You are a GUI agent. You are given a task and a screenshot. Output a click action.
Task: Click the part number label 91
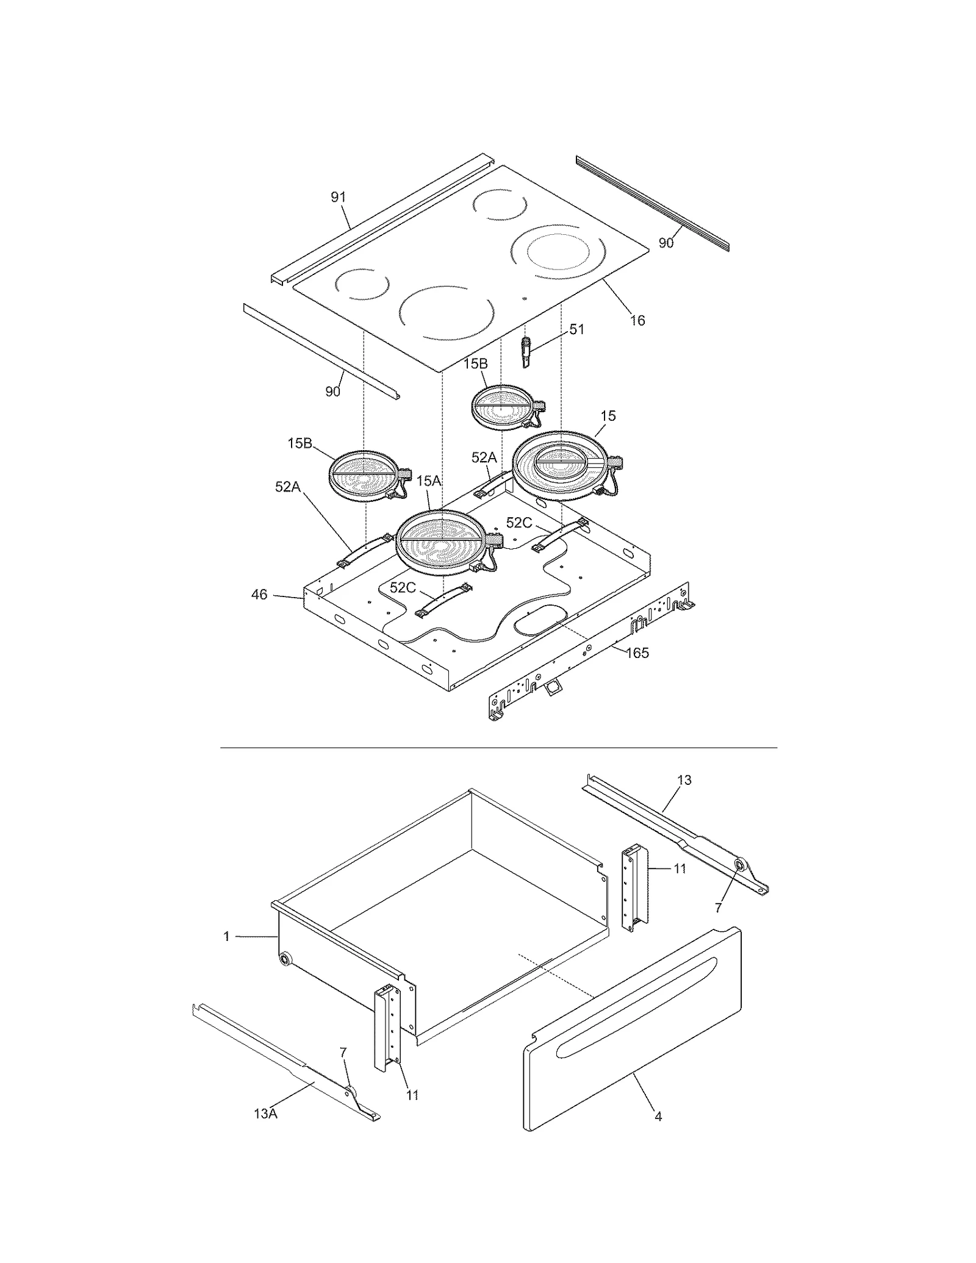point(338,197)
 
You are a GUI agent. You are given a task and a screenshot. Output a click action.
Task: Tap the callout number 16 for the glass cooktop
point(637,320)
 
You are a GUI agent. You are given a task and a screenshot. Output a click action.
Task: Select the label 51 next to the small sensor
point(576,329)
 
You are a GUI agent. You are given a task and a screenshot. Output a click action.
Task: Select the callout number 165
point(637,653)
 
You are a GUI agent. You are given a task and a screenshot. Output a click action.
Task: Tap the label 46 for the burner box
point(259,594)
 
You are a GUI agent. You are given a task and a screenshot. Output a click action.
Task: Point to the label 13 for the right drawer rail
point(684,779)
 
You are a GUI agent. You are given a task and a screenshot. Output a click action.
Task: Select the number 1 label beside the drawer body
point(226,936)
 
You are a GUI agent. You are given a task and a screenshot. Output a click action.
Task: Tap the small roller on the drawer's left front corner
point(284,959)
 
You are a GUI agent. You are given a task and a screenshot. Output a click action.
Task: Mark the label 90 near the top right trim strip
point(666,243)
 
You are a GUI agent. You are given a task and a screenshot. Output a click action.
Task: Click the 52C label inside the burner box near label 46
point(402,587)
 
